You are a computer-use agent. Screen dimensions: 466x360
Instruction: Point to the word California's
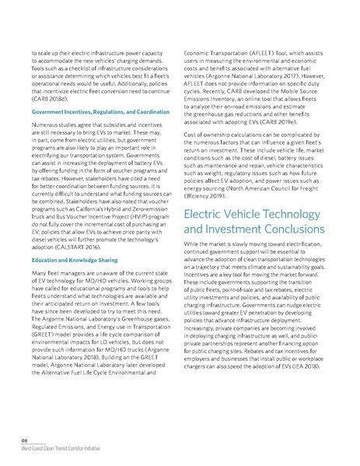tap(96, 205)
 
